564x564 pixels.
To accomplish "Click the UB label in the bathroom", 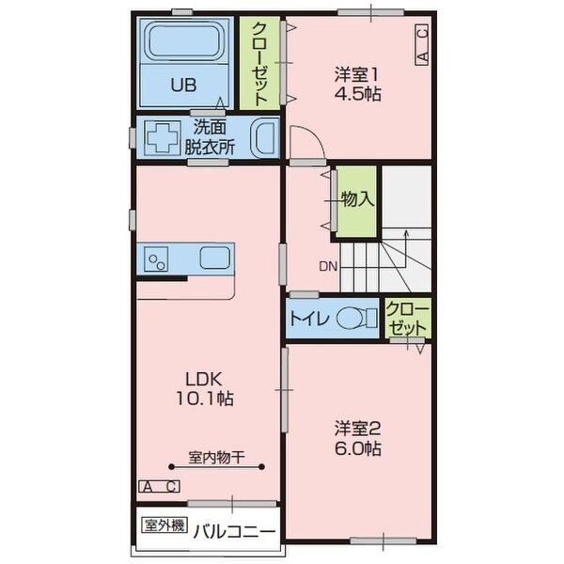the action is coord(183,86).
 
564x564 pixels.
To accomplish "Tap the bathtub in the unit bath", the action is coord(184,41).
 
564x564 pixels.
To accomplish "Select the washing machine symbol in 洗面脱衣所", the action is coord(163,138).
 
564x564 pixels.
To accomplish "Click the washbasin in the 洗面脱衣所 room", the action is coord(266,138).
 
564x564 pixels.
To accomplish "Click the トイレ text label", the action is coord(309,319).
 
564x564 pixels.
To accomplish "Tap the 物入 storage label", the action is coord(357,199).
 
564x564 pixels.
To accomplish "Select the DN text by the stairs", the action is coord(328,267).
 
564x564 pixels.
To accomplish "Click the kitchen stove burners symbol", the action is coord(156,259).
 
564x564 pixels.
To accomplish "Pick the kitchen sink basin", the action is coord(214,258).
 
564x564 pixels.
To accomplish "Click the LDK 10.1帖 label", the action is coord(204,389).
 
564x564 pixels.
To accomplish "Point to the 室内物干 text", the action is coord(216,457).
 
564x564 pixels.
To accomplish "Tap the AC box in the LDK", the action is coord(159,486).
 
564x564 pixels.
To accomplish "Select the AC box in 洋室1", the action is coord(422,44).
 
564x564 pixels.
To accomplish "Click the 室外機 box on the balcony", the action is coord(164,525).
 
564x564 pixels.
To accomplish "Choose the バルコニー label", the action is coord(234,532).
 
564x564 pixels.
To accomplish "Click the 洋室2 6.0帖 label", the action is coord(357,438).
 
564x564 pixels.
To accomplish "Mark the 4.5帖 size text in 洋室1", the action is coord(357,94).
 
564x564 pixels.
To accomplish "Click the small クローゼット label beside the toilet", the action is coord(408,319).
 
